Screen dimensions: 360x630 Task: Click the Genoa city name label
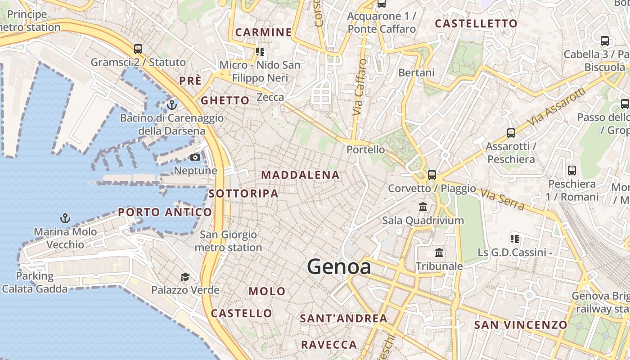(339, 267)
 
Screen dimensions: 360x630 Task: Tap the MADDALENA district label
(300, 175)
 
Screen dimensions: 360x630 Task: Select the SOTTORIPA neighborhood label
(243, 193)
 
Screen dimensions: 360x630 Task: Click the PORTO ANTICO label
(165, 212)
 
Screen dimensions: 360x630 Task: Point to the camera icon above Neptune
(195, 157)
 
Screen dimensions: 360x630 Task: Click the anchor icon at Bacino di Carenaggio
(171, 105)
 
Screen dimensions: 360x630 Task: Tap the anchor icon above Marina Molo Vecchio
(65, 218)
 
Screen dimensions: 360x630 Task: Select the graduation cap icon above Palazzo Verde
(185, 276)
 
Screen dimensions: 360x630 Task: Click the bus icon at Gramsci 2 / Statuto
(138, 49)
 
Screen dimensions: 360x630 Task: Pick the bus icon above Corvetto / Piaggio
(432, 175)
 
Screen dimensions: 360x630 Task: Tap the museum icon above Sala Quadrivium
(423, 207)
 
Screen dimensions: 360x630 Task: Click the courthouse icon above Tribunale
(439, 253)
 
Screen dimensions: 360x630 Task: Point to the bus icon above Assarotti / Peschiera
(511, 133)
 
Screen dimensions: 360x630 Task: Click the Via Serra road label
(502, 199)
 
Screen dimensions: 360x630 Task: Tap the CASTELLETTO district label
(476, 23)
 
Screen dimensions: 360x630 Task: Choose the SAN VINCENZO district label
(521, 325)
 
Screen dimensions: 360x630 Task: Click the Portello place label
(365, 149)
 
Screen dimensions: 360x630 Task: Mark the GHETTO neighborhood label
(225, 100)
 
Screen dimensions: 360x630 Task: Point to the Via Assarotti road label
(558, 107)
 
